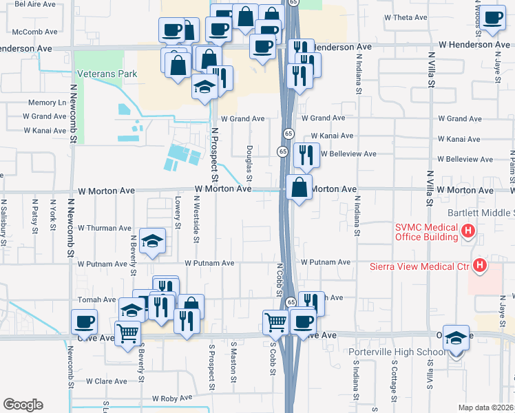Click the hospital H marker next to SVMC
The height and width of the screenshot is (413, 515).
(469, 231)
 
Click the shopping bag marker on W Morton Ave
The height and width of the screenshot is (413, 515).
(299, 187)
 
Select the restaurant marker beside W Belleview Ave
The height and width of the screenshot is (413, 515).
(306, 156)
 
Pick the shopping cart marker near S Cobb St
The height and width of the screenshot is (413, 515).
(275, 321)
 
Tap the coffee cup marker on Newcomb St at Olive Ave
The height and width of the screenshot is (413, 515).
(84, 321)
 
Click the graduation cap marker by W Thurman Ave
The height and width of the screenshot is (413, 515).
(153, 241)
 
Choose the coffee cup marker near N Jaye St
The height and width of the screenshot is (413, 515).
(492, 19)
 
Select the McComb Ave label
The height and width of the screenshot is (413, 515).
(34, 32)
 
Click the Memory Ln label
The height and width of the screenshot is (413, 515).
(48, 103)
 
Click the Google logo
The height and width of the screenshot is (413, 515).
(23, 405)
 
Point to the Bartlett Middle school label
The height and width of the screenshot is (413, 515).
(481, 213)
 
